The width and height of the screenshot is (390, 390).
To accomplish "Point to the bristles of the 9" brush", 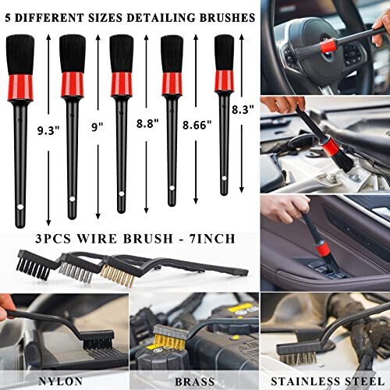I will point(73,53).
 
